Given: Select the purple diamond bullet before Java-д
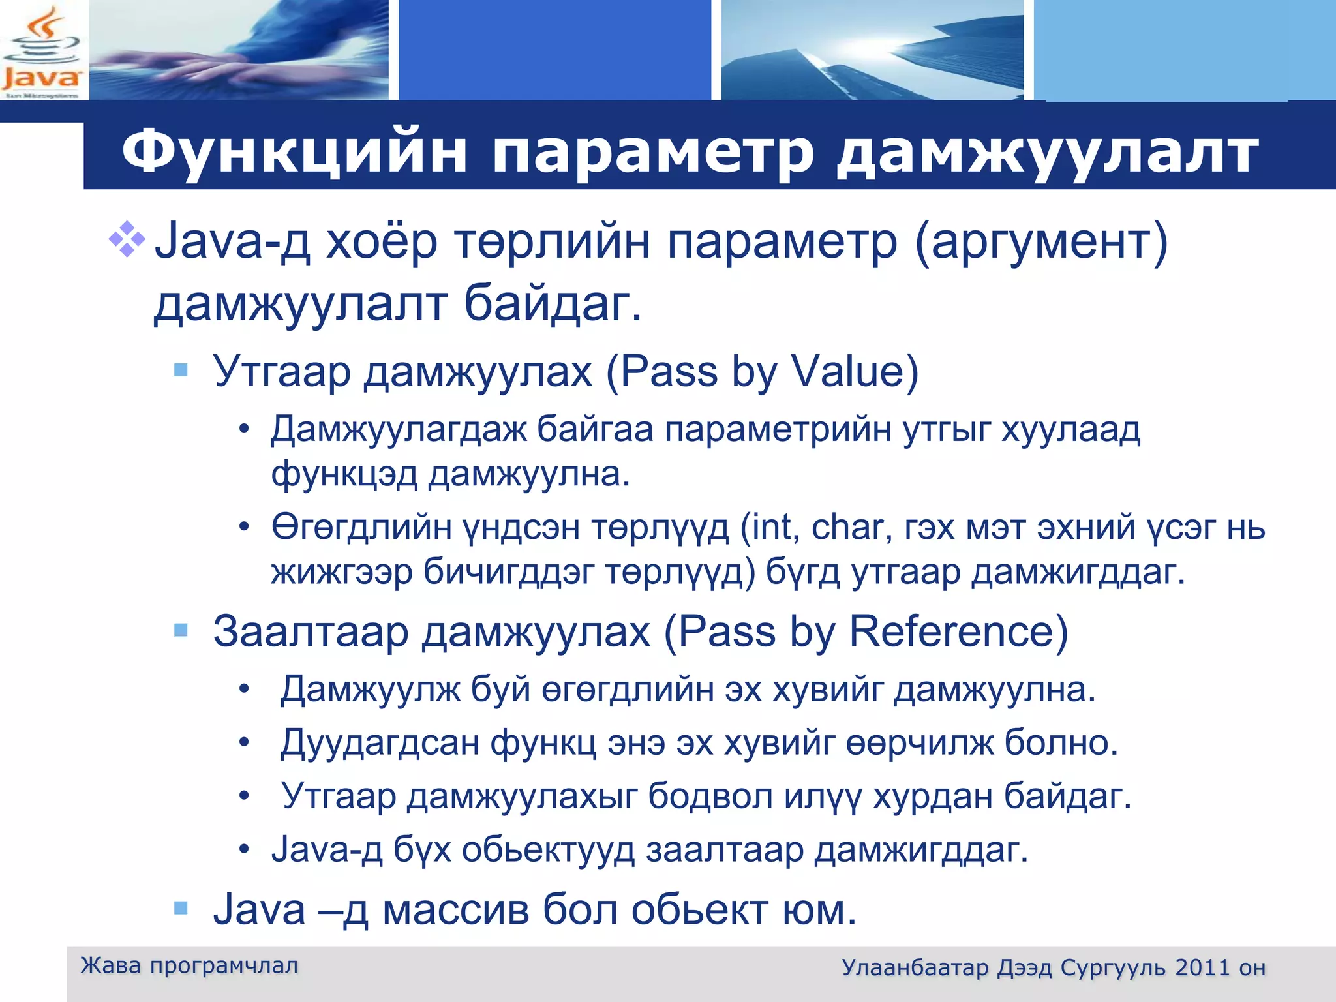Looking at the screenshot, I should (x=127, y=239).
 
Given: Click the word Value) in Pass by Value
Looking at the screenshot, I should (x=855, y=372).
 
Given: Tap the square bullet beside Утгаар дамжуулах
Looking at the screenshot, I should (x=181, y=371).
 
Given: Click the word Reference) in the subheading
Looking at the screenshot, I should (x=958, y=631).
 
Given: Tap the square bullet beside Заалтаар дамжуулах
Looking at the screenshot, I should (x=181, y=630).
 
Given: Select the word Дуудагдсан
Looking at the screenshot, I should (x=380, y=743).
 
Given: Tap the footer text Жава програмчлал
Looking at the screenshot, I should (x=189, y=965).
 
